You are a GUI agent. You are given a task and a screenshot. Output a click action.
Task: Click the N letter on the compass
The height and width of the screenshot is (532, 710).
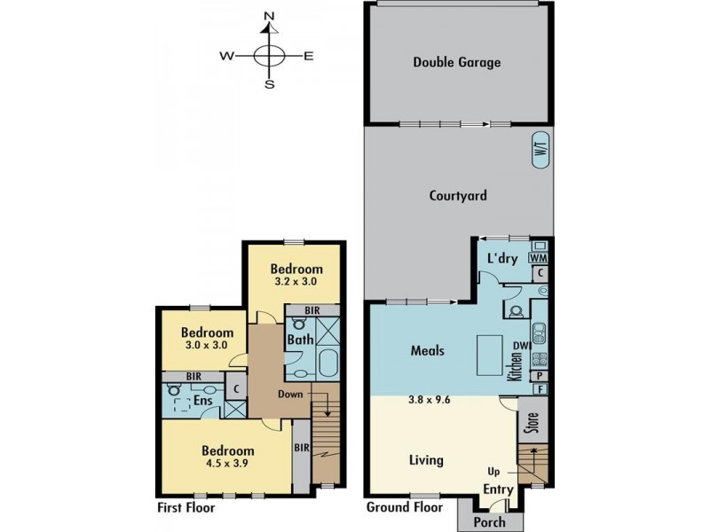pyautogui.click(x=270, y=17)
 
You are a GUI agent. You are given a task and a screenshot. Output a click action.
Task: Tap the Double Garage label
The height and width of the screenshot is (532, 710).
pyautogui.click(x=457, y=62)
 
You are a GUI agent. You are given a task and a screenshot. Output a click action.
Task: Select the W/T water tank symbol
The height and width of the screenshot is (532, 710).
pyautogui.click(x=540, y=150)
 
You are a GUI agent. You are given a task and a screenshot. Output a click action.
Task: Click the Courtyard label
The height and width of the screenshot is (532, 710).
pyautogui.click(x=458, y=196)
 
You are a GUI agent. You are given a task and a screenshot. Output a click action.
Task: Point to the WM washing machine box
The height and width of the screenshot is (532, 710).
pyautogui.click(x=539, y=258)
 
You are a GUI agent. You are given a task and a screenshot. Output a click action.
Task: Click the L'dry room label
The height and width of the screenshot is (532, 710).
pyautogui.click(x=502, y=258)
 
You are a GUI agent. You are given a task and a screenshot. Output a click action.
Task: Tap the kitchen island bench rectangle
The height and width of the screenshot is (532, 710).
pyautogui.click(x=489, y=356)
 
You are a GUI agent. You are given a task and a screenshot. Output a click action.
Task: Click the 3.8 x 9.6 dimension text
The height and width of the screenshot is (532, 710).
pyautogui.click(x=429, y=400)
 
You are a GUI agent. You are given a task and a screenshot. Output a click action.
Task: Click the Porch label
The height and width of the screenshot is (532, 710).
pyautogui.click(x=489, y=522)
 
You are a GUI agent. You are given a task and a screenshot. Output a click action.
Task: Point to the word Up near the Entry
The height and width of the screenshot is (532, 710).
pyautogui.click(x=493, y=472)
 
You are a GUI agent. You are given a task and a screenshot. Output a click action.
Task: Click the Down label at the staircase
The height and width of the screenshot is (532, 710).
pyautogui.click(x=290, y=394)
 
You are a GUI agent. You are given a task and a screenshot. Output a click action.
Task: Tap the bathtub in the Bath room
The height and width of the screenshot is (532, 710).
pyautogui.click(x=328, y=363)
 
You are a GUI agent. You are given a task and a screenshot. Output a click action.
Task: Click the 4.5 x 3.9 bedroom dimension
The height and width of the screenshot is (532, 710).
pyautogui.click(x=227, y=463)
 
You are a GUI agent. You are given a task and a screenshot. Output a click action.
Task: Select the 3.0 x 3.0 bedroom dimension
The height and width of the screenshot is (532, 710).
pyautogui.click(x=207, y=345)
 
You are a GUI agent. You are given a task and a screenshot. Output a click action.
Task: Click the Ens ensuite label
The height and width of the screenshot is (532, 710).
pyautogui.click(x=203, y=401)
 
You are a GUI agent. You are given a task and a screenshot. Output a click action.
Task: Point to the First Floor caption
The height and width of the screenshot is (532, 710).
pyautogui.click(x=186, y=507)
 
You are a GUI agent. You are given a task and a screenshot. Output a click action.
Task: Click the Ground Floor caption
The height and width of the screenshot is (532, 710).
pyautogui.click(x=405, y=507)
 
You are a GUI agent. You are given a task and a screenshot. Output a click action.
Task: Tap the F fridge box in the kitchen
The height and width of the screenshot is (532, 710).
pyautogui.click(x=540, y=388)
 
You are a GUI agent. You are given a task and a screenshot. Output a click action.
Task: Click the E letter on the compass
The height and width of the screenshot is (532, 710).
pyautogui.click(x=308, y=56)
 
